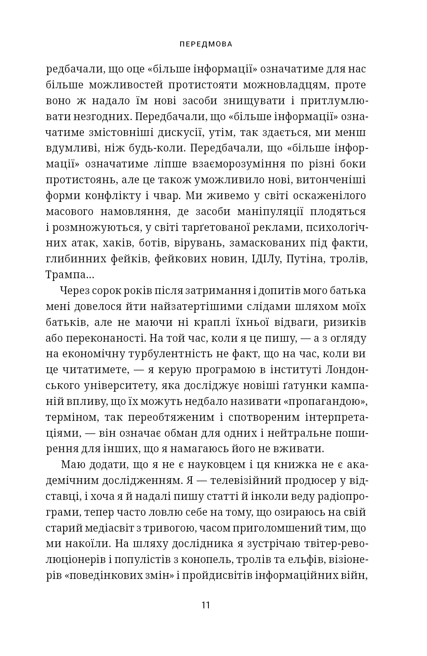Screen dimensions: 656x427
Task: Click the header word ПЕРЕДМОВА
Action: (x=206, y=44)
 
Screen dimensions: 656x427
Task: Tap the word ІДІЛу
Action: (x=262, y=259)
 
